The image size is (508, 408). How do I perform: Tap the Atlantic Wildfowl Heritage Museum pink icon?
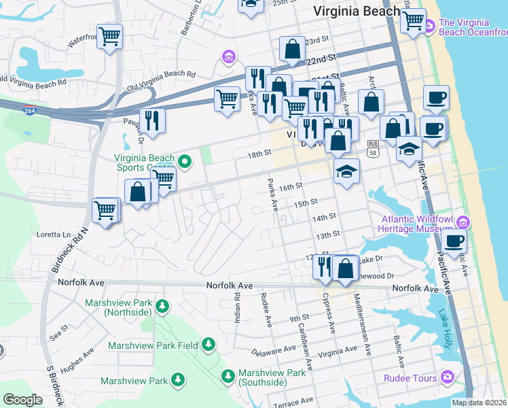[x=464, y=222]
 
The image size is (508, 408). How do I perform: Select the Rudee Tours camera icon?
[x=447, y=376]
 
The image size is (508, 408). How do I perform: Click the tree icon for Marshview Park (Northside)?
[x=162, y=307]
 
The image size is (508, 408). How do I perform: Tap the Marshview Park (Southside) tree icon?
[x=228, y=375]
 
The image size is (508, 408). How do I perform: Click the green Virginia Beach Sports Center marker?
[x=184, y=162]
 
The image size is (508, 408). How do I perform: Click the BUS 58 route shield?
[x=372, y=149]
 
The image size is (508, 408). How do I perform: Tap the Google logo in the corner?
[x=22, y=399]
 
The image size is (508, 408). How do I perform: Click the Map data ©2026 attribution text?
[x=479, y=403]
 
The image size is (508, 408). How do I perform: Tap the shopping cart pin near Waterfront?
[x=109, y=36]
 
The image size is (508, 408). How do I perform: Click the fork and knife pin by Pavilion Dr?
[x=153, y=120]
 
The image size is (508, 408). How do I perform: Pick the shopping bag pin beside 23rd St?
[x=293, y=49]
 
